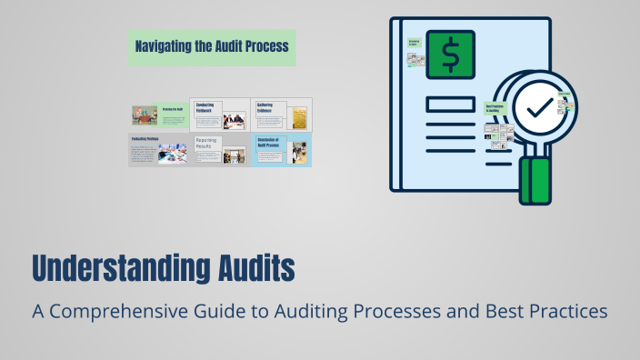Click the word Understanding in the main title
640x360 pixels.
109,269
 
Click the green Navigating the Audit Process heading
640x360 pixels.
211,45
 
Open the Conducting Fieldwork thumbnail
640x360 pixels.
219,115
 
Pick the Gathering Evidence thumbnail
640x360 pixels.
281,115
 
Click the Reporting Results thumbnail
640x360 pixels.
219,149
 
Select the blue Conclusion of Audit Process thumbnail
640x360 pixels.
281,149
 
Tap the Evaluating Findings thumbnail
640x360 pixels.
158,149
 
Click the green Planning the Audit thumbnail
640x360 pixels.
158,115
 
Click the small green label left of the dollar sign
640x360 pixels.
414,42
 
